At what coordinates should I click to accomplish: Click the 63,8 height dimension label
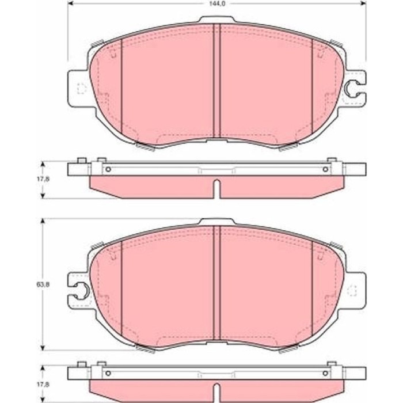coord(43,284)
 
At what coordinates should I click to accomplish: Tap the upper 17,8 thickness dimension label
coord(43,179)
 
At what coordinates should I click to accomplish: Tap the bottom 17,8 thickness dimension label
coord(43,385)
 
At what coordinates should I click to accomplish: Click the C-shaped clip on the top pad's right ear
coord(350,89)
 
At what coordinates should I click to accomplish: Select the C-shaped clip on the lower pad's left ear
coord(83,291)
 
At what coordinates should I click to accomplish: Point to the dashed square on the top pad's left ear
coord(82,89)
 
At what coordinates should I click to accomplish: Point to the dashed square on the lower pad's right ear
coord(352,291)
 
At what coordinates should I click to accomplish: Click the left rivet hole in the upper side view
coord(108,170)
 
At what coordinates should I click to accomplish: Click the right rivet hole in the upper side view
coord(325,170)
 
